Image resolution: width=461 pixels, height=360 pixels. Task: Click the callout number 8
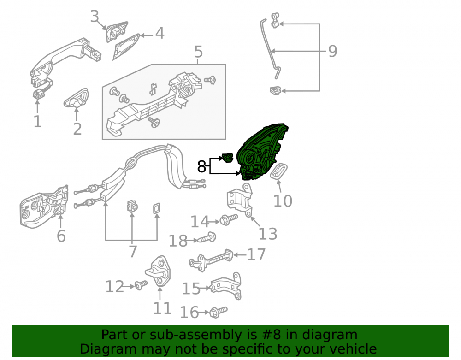[x=201, y=166]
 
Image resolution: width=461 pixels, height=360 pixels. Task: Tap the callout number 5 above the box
[x=198, y=52]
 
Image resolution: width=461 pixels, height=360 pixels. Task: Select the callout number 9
[x=332, y=51]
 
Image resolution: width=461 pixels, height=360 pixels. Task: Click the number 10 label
[x=283, y=201]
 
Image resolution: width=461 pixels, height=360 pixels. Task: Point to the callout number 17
[x=256, y=254]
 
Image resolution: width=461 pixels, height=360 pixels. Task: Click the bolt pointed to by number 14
[x=229, y=219]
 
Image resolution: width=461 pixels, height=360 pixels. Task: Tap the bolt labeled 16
[x=218, y=312]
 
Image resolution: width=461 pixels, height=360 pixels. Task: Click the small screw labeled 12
[x=141, y=285]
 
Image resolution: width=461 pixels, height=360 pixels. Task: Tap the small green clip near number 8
[x=227, y=157]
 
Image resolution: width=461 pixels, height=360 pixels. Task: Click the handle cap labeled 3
[x=117, y=32]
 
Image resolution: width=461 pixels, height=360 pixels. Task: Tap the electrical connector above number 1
[x=38, y=94]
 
